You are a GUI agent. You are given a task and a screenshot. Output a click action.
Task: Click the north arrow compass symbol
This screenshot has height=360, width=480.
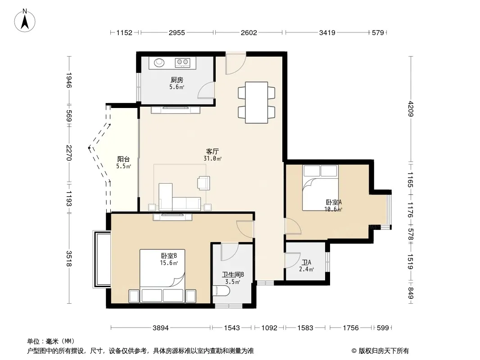25,21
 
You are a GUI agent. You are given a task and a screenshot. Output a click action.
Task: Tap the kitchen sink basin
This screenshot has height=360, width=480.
159,63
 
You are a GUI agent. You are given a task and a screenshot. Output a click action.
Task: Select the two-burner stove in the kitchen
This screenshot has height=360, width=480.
182,63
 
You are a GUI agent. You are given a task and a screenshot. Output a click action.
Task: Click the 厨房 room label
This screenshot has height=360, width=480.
177,80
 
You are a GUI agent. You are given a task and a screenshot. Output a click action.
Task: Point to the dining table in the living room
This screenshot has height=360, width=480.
257,103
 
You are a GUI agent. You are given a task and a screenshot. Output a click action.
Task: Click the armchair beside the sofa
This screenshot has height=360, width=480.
204,183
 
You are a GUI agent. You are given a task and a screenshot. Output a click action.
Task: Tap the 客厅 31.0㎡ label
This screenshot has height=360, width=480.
213,155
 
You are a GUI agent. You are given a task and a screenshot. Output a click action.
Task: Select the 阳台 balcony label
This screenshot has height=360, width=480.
123,159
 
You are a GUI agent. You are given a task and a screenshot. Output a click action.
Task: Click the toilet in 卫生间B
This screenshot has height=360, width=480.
221,291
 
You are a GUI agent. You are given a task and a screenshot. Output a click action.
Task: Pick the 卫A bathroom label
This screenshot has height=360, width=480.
307,262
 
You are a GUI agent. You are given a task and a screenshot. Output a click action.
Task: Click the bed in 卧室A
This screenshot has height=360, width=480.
320,188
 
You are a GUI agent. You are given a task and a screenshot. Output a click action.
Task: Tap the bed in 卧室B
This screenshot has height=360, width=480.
162,276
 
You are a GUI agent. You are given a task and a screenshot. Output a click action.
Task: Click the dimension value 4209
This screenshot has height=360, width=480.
411,108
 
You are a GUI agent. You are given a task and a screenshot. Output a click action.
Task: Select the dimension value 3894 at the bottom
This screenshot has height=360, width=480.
161,328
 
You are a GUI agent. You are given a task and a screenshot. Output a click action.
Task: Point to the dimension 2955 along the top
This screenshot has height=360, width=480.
177,32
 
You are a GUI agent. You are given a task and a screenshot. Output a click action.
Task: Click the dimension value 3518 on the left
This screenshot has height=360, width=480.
69,259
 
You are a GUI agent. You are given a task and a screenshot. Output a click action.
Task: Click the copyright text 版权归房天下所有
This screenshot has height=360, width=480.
384,351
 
